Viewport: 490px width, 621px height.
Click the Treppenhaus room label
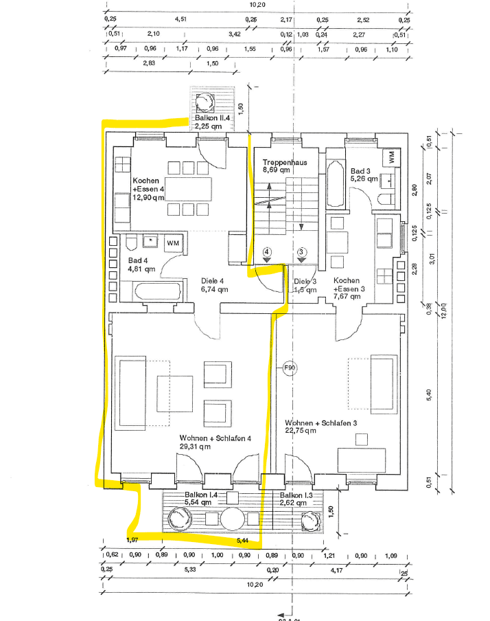[284, 163]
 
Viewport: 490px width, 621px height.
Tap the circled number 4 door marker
[267, 252]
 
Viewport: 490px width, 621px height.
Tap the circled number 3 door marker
[301, 252]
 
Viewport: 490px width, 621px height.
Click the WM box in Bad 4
[173, 242]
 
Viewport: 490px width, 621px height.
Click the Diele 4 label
[213, 280]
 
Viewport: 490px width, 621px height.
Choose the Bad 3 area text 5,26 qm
[364, 179]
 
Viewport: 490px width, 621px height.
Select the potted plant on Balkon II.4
[204, 103]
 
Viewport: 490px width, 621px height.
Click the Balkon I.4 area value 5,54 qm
[196, 503]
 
